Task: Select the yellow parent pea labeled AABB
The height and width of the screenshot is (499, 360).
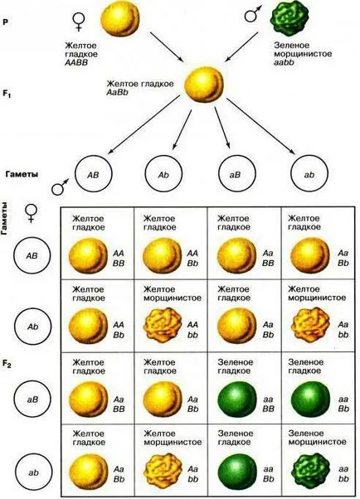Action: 120,19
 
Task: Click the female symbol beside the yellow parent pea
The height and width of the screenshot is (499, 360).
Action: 78,22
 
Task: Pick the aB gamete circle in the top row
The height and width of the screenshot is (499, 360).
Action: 236,174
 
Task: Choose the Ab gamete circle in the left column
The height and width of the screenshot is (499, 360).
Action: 32,327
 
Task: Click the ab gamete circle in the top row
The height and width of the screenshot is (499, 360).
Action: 309,174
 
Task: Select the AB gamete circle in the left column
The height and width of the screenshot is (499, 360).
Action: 32,255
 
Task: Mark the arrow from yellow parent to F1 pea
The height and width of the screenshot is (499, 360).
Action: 167,46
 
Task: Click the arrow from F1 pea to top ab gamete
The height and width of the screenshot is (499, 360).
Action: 260,127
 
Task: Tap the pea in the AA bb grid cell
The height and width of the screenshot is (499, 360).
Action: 163,325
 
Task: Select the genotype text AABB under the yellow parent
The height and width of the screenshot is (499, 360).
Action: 76,63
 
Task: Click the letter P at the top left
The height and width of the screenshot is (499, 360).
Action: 5,22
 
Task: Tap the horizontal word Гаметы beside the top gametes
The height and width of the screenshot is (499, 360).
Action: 22,174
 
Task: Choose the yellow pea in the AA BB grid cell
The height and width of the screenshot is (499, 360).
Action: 89,255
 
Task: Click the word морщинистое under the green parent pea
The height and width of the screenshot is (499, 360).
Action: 303,54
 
